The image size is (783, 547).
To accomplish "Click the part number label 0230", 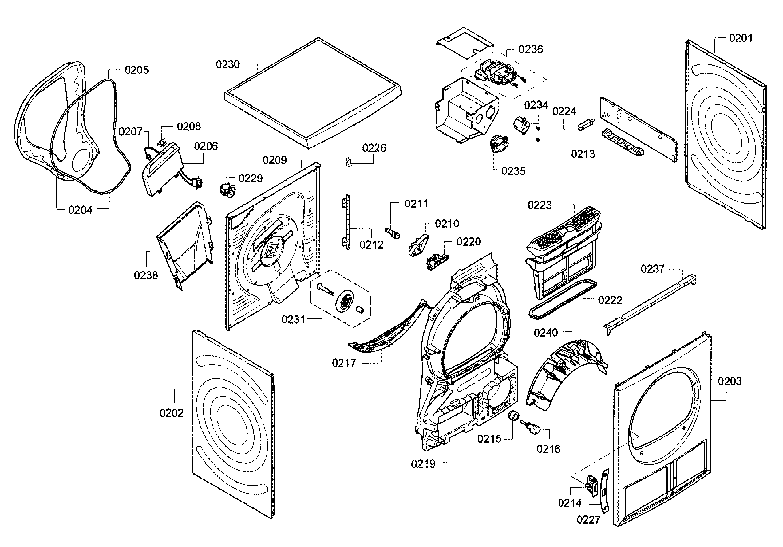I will [227, 64].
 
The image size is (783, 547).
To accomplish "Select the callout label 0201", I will [740, 38].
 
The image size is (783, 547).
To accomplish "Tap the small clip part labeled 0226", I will [348, 162].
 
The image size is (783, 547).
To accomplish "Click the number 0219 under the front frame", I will [423, 463].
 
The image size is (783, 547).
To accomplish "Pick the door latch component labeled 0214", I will [591, 484].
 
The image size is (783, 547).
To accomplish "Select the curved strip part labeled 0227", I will [604, 491].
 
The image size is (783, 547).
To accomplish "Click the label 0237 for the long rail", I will [652, 269].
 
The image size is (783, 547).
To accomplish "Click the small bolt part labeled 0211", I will [393, 233].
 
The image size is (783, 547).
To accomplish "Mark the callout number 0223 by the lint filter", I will [540, 205].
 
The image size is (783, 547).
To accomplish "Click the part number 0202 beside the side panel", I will [171, 413].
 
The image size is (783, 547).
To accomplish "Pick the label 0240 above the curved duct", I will [545, 332].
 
